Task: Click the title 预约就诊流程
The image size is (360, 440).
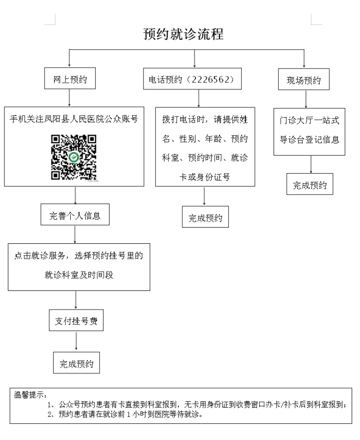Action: click(x=183, y=34)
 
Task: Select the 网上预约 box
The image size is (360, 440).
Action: click(x=70, y=78)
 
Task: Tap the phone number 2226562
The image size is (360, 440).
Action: click(x=211, y=79)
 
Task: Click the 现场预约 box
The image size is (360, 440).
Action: click(x=304, y=79)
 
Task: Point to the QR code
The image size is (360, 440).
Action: click(x=74, y=157)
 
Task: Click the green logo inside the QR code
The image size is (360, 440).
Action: click(x=74, y=157)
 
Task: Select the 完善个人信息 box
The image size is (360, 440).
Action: click(x=75, y=215)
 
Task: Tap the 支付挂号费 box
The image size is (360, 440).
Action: click(x=76, y=320)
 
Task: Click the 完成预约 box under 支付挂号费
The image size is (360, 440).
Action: click(x=76, y=363)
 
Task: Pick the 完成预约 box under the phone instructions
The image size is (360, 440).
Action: click(x=205, y=217)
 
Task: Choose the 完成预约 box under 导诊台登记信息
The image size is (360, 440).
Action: click(x=310, y=184)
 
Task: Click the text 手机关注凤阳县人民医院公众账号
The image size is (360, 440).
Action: click(x=74, y=119)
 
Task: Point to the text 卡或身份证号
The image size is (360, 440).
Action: click(x=205, y=177)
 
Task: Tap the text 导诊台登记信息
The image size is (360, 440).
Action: click(x=309, y=140)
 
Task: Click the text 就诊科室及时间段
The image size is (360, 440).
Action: click(x=79, y=275)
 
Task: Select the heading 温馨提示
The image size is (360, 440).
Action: click(x=31, y=395)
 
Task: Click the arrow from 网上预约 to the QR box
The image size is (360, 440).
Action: click(x=69, y=98)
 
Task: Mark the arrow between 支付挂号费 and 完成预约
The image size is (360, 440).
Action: click(x=76, y=341)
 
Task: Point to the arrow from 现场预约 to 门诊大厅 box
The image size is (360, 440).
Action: click(x=306, y=99)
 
